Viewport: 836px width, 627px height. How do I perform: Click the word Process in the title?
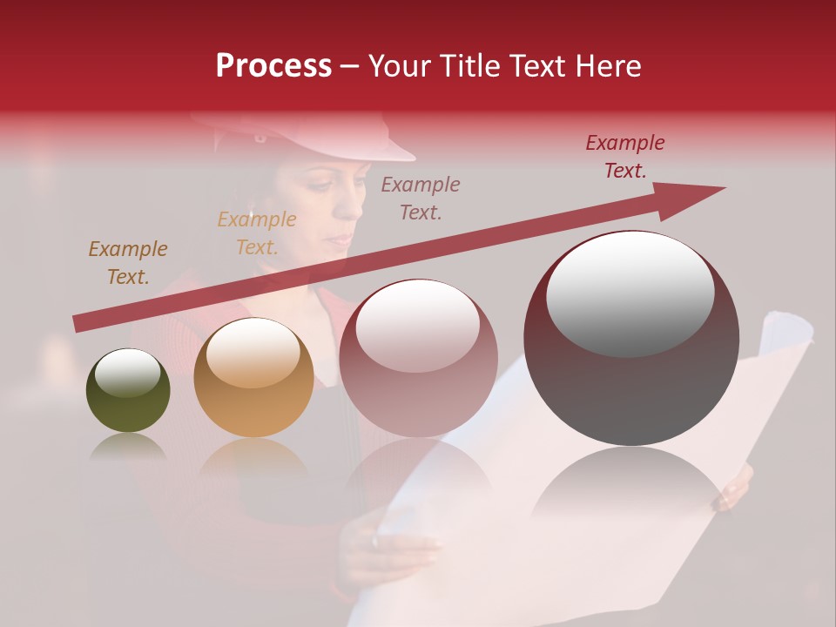tap(273, 66)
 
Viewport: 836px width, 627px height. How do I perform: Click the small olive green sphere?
tap(128, 390)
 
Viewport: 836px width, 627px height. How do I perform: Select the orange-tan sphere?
tap(253, 377)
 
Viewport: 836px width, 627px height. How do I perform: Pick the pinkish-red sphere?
tap(418, 359)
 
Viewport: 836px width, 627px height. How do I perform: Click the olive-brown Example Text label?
tap(127, 263)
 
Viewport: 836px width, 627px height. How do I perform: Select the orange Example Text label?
tap(256, 233)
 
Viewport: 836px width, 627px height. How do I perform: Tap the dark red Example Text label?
tap(624, 157)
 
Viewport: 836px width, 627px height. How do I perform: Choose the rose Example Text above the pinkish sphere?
tap(421, 198)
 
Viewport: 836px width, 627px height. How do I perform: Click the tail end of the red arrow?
tap(78, 324)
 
